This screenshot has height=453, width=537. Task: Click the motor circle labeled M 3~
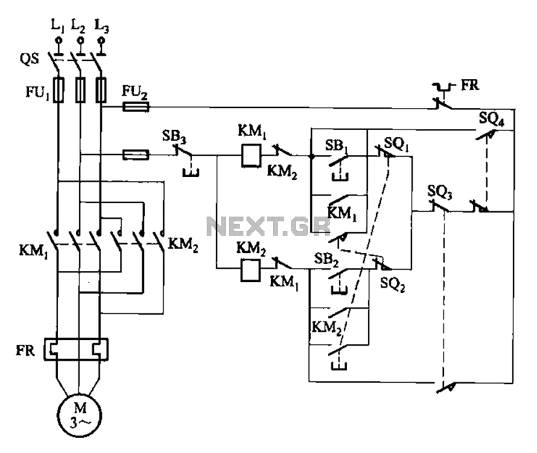coord(79,415)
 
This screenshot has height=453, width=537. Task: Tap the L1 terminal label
coord(57,25)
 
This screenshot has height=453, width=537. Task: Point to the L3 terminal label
coord(102,26)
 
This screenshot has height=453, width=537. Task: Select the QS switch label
coord(30,59)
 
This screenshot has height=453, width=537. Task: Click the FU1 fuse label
coord(37,92)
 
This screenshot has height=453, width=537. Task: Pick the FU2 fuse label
coord(135,92)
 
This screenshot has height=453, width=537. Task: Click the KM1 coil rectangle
coord(252,156)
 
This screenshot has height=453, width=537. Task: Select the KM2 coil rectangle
coord(250,270)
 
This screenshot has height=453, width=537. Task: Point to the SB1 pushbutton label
coord(337,146)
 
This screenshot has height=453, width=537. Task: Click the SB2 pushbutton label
coord(326,260)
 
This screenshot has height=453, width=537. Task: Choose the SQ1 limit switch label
coord(396,143)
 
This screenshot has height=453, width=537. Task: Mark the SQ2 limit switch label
coord(393,284)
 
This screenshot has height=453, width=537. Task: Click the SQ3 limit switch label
coord(440,193)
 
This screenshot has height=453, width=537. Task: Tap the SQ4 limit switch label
coord(492,119)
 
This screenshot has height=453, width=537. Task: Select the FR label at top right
coord(470,85)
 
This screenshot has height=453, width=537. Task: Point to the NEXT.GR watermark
coord(269,226)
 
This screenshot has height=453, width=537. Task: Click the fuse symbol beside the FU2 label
coord(136,108)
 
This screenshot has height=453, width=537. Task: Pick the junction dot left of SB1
coord(311,156)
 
